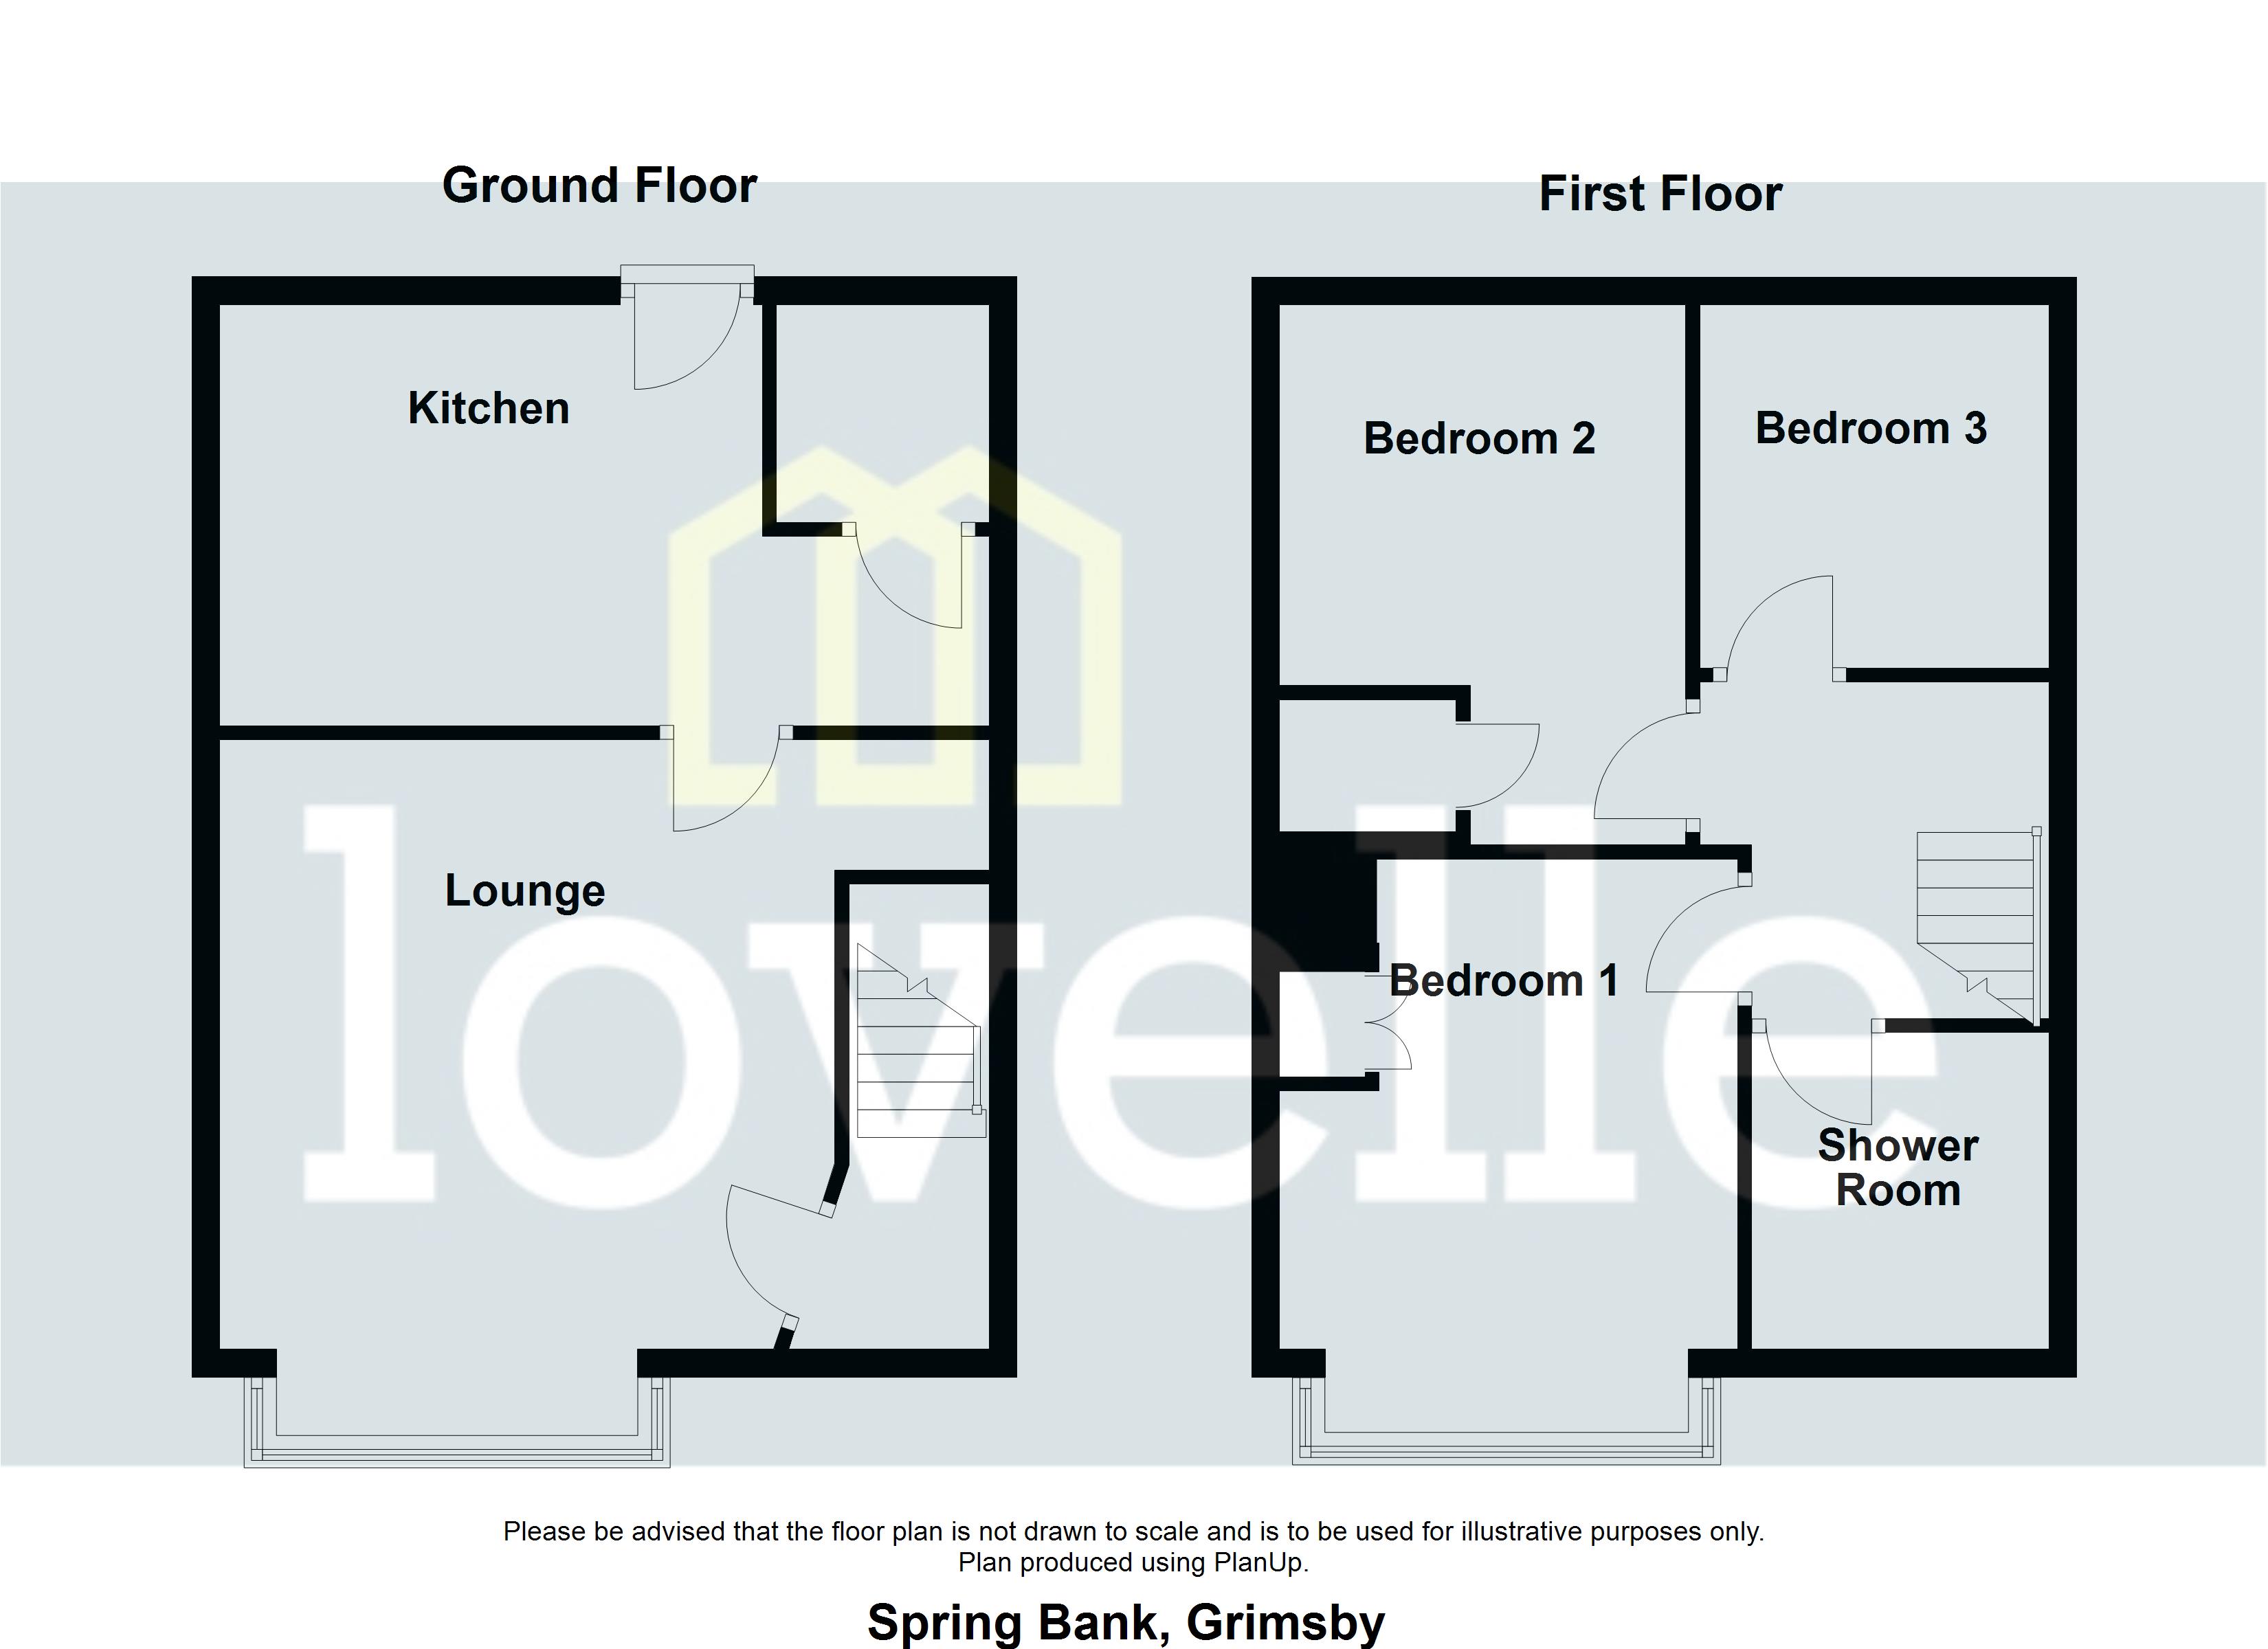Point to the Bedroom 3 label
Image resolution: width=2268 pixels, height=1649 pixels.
[x=1870, y=428]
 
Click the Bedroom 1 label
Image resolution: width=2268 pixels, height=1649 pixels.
[x=1503, y=980]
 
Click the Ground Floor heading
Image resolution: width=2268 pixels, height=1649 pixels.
[x=599, y=186]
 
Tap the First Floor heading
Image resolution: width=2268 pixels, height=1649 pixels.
[x=1660, y=194]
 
